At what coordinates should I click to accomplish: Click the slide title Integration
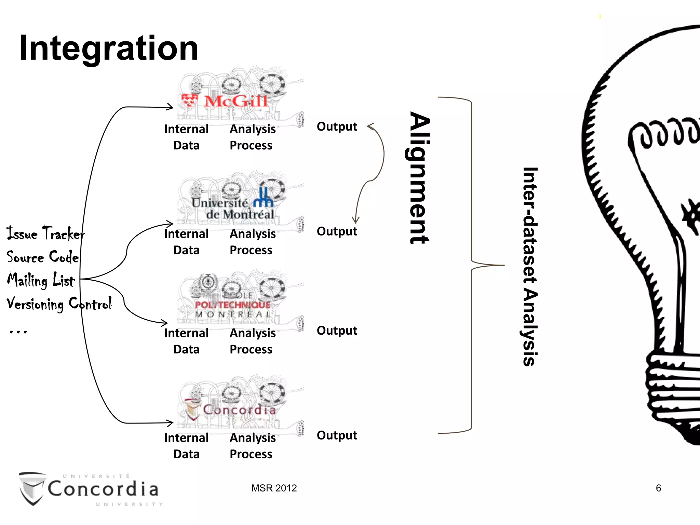[x=109, y=49]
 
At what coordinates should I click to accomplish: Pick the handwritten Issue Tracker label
[x=45, y=234]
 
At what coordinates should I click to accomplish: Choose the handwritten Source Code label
[x=42, y=257]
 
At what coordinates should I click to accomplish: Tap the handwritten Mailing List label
[x=41, y=280]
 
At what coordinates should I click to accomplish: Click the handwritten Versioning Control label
[x=59, y=304]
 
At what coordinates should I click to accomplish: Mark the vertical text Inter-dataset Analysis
[x=530, y=267]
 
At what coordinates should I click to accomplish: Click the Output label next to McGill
[x=337, y=127]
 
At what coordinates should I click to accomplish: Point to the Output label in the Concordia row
[x=337, y=435]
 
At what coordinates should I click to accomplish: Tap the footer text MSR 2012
[x=274, y=488]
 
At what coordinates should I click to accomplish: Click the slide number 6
[x=658, y=488]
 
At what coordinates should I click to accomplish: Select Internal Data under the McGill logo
[x=186, y=137]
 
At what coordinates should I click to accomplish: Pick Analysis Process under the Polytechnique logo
[x=252, y=341]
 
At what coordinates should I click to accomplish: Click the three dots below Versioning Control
[x=18, y=332]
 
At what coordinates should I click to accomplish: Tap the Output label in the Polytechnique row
[x=337, y=331]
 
